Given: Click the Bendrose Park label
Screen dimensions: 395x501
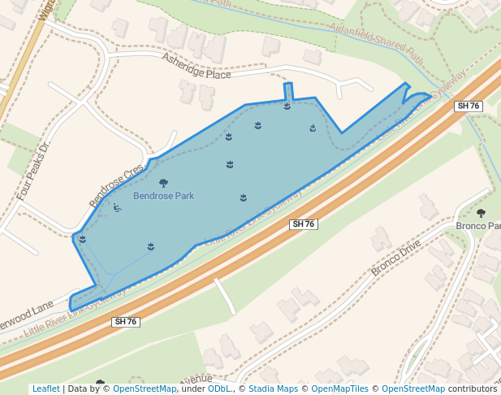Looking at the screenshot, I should [163, 196].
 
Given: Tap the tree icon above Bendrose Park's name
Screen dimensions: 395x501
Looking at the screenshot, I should [163, 184].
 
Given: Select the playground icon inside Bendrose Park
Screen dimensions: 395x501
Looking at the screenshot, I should [117, 208].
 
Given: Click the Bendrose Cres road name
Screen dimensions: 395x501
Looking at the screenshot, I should [115, 184].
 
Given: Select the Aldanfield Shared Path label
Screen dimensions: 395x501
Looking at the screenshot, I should [377, 42].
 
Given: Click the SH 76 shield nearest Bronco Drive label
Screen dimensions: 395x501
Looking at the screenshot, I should [302, 224].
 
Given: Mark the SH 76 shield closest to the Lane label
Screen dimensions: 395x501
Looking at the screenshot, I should [126, 322].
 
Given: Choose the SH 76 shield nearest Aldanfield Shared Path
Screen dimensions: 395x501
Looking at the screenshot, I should [469, 106].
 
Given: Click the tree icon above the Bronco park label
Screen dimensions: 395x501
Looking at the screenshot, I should [481, 213].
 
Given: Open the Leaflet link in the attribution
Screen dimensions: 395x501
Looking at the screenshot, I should [46, 388].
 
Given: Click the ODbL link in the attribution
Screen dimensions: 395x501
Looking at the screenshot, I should [219, 388].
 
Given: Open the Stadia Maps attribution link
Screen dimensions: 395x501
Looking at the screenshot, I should [273, 388].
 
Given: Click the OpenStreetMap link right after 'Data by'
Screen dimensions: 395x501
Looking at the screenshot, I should [145, 388].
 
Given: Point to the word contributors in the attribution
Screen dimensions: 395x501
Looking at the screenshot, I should [473, 388].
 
